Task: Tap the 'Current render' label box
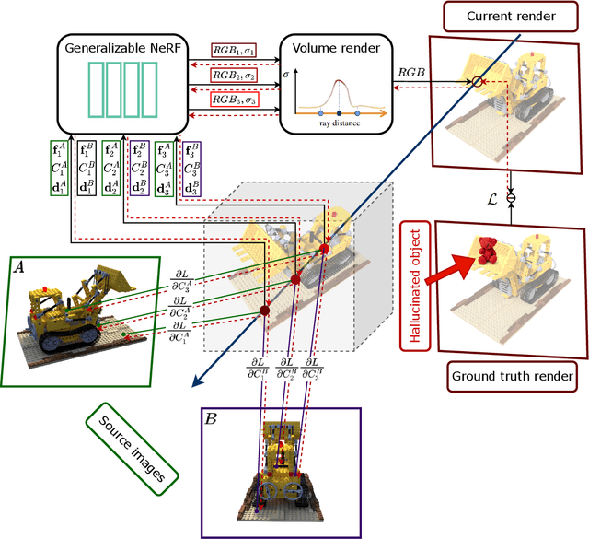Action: tap(523, 16)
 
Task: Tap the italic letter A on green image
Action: tap(20, 266)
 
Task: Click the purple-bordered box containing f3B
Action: tap(191, 169)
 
